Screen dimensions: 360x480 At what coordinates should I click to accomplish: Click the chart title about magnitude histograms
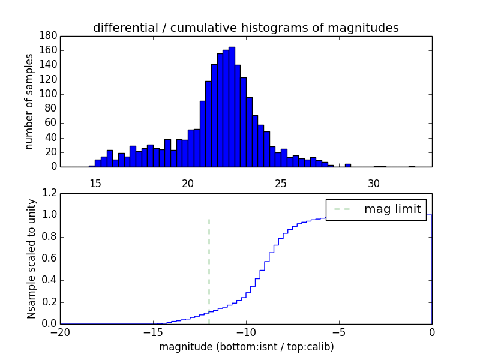tap(245, 28)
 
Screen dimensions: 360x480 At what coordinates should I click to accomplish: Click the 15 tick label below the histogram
tap(95, 182)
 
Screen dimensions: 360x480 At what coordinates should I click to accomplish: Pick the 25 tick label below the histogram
tap(281, 182)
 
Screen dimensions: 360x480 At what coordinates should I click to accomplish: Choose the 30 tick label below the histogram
tap(374, 182)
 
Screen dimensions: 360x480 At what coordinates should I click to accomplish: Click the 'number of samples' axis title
tap(29, 101)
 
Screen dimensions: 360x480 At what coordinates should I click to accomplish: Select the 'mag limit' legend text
tap(392, 209)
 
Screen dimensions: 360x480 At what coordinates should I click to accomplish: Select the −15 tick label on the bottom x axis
tap(152, 332)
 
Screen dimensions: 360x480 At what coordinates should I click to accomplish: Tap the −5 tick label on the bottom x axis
tap(338, 332)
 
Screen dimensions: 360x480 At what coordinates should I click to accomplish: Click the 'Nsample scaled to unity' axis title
tap(31, 259)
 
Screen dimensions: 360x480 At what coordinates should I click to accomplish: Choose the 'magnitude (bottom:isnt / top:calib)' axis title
tap(246, 347)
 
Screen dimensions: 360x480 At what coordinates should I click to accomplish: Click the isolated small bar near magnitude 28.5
tap(348, 165)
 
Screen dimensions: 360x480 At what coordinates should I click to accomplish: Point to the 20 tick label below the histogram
tap(188, 182)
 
